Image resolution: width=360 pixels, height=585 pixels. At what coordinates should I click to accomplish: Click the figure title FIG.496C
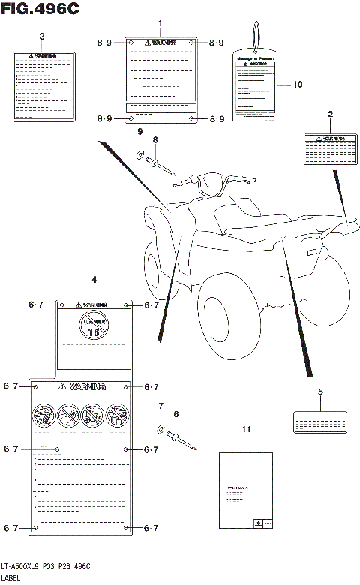point(37,10)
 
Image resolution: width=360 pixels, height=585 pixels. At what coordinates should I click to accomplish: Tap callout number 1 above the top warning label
point(160,24)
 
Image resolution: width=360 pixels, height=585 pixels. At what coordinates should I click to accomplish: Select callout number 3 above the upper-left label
point(41,37)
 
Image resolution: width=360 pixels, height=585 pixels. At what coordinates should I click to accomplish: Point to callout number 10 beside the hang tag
point(297,85)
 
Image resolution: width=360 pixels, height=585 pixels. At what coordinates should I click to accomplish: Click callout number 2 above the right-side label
point(330,114)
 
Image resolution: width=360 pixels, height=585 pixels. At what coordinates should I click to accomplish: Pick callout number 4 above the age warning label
point(94,280)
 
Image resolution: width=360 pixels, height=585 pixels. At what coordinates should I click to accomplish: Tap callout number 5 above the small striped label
point(320,391)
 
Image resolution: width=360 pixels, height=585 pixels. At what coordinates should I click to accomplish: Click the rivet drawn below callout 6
point(182,440)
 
